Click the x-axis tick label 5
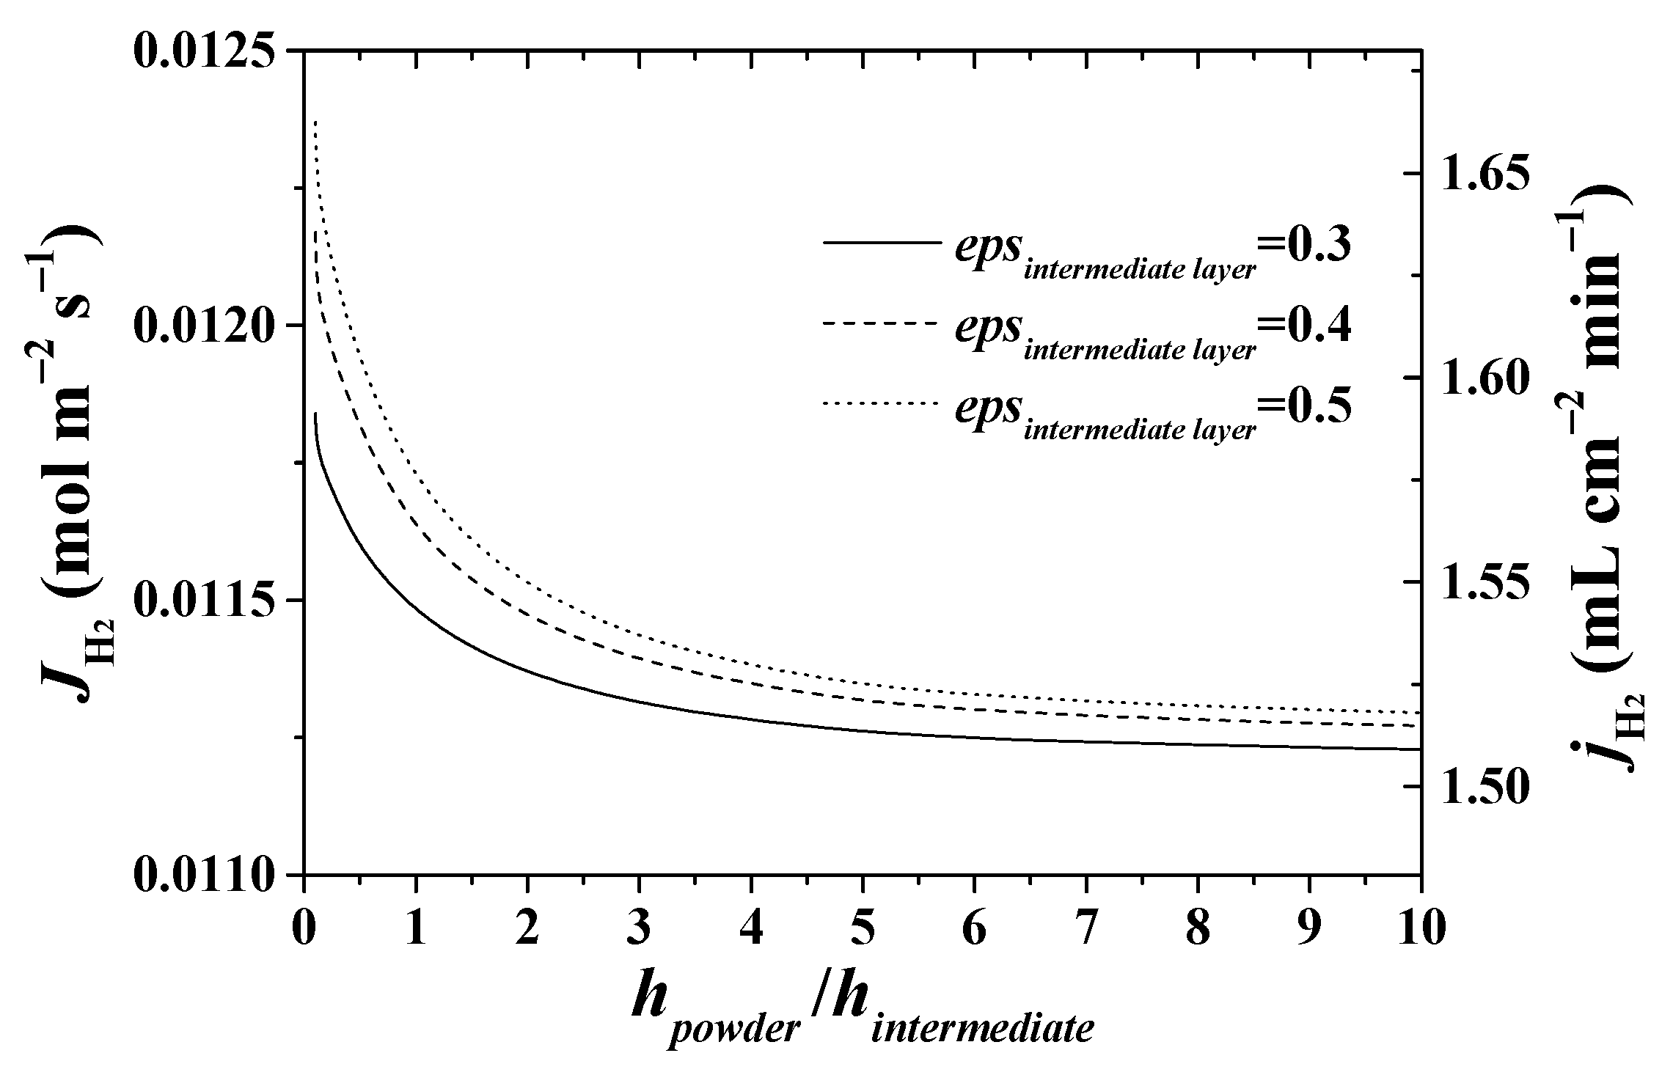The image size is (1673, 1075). point(863,931)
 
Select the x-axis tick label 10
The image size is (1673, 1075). point(1421,931)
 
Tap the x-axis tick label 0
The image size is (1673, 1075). point(304,931)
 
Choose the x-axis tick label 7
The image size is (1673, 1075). point(1086,931)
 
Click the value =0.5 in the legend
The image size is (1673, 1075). point(1304,406)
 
